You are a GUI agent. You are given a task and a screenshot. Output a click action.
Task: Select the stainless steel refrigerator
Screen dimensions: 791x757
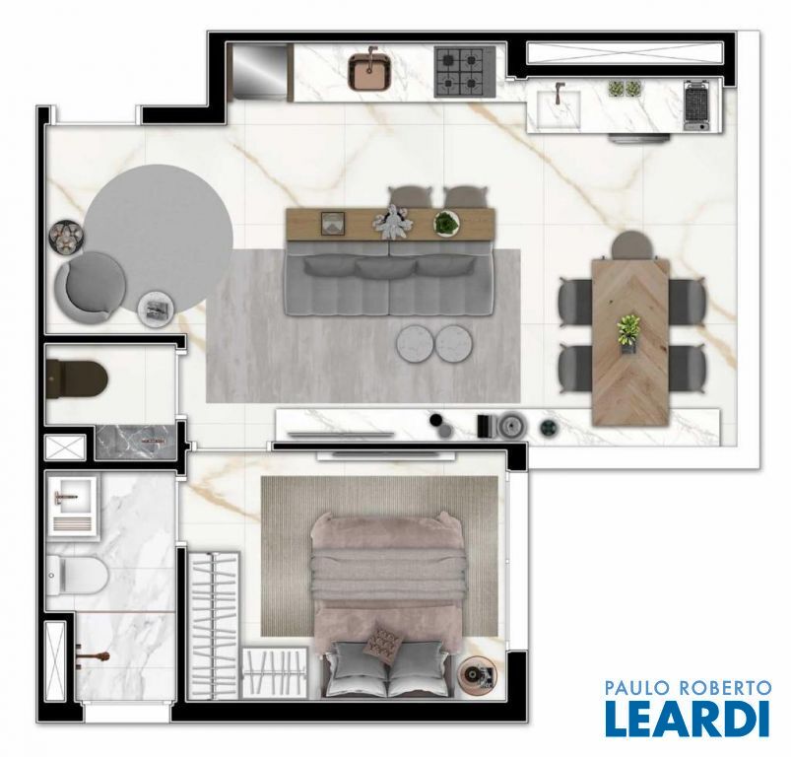tap(259, 71)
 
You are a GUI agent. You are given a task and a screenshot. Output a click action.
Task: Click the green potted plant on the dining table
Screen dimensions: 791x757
tap(628, 331)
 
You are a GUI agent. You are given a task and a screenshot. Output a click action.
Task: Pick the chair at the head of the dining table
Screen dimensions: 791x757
tap(632, 245)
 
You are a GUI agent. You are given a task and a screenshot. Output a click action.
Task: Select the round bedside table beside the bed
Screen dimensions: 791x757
tap(477, 675)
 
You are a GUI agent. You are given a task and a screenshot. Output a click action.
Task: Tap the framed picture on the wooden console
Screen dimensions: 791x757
tap(333, 224)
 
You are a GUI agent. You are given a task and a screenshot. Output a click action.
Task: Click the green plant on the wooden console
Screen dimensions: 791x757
tap(447, 223)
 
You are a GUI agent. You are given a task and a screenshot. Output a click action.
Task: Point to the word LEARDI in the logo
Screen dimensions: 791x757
tap(688, 719)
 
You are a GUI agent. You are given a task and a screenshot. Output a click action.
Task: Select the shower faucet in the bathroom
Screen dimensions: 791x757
tap(92, 656)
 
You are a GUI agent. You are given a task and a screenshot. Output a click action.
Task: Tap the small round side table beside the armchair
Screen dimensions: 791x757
tap(157, 309)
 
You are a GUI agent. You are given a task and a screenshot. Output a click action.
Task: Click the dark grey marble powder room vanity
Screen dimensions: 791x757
tap(136, 443)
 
